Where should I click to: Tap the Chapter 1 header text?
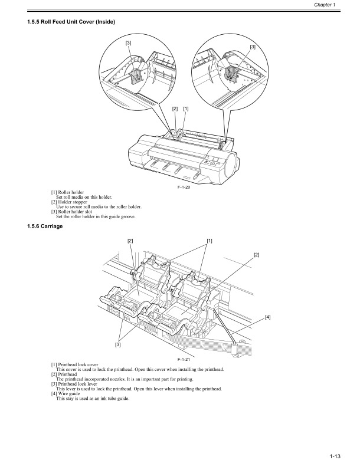click(x=339, y=5)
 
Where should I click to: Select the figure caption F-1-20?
click(x=185, y=188)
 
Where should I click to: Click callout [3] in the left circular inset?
click(x=128, y=42)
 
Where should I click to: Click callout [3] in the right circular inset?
click(x=253, y=46)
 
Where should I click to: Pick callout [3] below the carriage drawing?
click(x=119, y=344)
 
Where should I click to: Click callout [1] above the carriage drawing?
click(x=210, y=241)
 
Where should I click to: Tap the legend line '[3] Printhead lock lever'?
click(x=76, y=385)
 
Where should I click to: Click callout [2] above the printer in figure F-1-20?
click(x=175, y=109)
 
